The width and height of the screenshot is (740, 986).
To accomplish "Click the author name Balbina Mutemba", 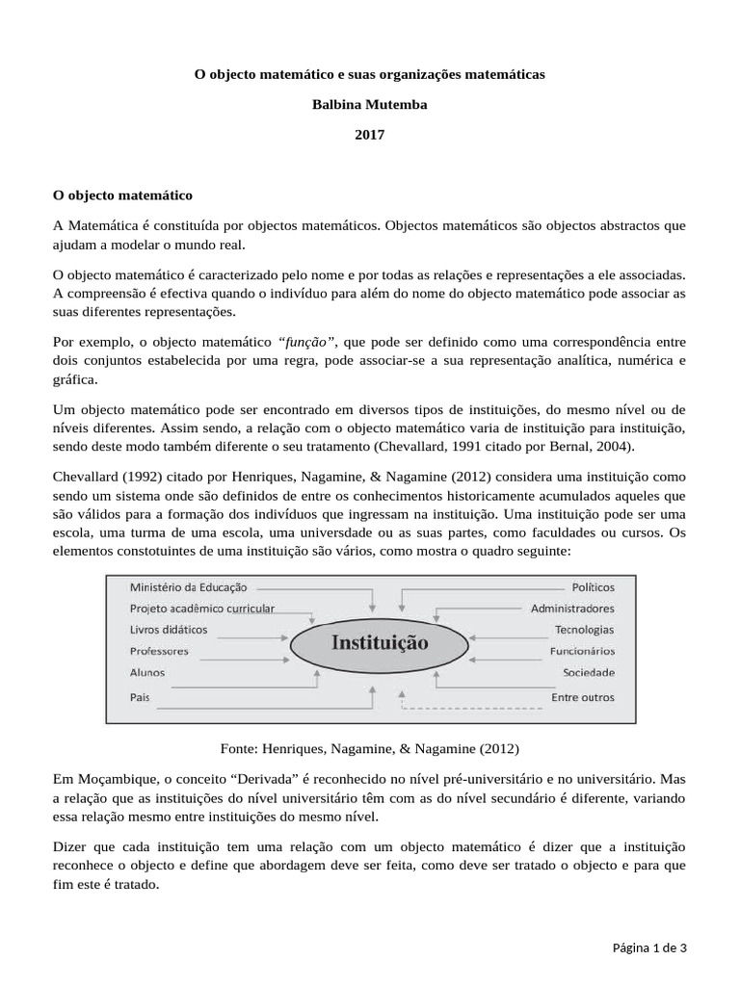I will pos(370,104).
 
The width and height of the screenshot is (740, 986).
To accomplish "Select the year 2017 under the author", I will pos(370,135).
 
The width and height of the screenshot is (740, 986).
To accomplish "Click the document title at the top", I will pos(370,74).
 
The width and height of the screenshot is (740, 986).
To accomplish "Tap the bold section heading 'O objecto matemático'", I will pos(122,195).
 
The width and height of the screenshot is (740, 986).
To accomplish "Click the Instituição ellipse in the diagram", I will pos(381,641).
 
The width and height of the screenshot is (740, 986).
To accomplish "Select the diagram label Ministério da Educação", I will pos(188,586).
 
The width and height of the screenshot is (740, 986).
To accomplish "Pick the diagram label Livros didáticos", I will pos(168,630).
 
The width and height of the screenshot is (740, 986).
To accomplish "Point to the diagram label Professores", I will pos(159,651).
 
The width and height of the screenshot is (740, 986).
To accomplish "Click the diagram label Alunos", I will pos(146,672).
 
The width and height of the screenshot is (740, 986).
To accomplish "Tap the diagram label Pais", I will pos(138,695).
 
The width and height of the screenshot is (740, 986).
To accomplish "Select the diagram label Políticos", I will pos(593,586).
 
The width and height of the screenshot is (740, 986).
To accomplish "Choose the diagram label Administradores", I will pos(572,608).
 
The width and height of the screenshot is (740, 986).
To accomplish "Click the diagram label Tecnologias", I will pos(584,630).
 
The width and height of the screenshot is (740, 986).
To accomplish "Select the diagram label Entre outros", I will pos(582,696).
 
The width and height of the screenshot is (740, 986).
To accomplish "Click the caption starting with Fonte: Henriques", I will pos(370,747).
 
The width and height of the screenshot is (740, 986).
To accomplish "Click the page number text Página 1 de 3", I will pos(649,947).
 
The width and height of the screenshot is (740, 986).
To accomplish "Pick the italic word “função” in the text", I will pos(307,341).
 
